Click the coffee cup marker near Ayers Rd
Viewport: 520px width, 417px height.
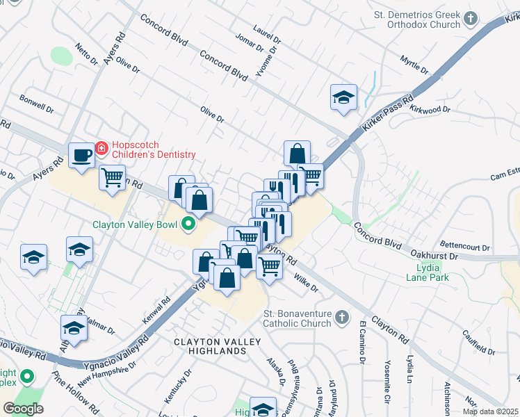coord(81,155)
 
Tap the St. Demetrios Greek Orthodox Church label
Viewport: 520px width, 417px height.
coord(427,19)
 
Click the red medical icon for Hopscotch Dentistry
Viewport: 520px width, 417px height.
coord(101,147)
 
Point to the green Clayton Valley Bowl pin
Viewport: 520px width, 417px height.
coord(187,224)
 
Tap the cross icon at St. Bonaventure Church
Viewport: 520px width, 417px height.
coord(341,317)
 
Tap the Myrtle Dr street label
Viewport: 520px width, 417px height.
coord(414,64)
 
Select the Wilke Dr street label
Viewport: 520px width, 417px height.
coord(305,283)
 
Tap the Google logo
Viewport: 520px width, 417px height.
coord(23,409)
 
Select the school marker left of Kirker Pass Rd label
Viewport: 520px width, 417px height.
coord(343,97)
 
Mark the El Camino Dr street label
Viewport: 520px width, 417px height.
coord(362,341)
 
